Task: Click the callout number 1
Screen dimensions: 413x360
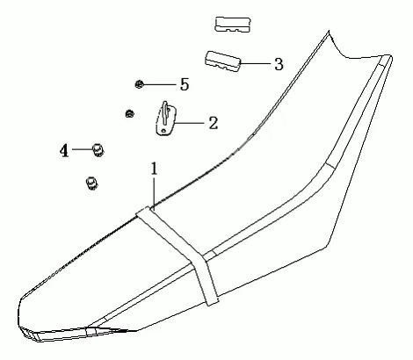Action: pos(154,169)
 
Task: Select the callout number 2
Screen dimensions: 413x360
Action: pos(214,123)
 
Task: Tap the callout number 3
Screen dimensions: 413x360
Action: pos(279,64)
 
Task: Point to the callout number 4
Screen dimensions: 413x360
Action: pos(64,151)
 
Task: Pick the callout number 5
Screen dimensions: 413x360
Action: pos(185,84)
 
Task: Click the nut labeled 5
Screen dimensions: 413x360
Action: pos(139,84)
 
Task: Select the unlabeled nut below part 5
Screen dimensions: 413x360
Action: pos(129,113)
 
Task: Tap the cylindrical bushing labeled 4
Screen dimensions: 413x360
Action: pos(98,150)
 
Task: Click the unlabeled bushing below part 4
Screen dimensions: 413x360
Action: pos(92,184)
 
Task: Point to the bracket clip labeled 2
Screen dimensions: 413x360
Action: pos(165,119)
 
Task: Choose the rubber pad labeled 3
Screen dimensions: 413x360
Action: pos(222,61)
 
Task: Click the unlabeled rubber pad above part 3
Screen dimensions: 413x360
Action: pos(233,25)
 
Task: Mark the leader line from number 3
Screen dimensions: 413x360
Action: pos(256,63)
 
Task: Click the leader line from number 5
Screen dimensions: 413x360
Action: pos(159,84)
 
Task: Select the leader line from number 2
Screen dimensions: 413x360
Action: pos(190,123)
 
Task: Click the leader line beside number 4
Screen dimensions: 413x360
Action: pos(83,149)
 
